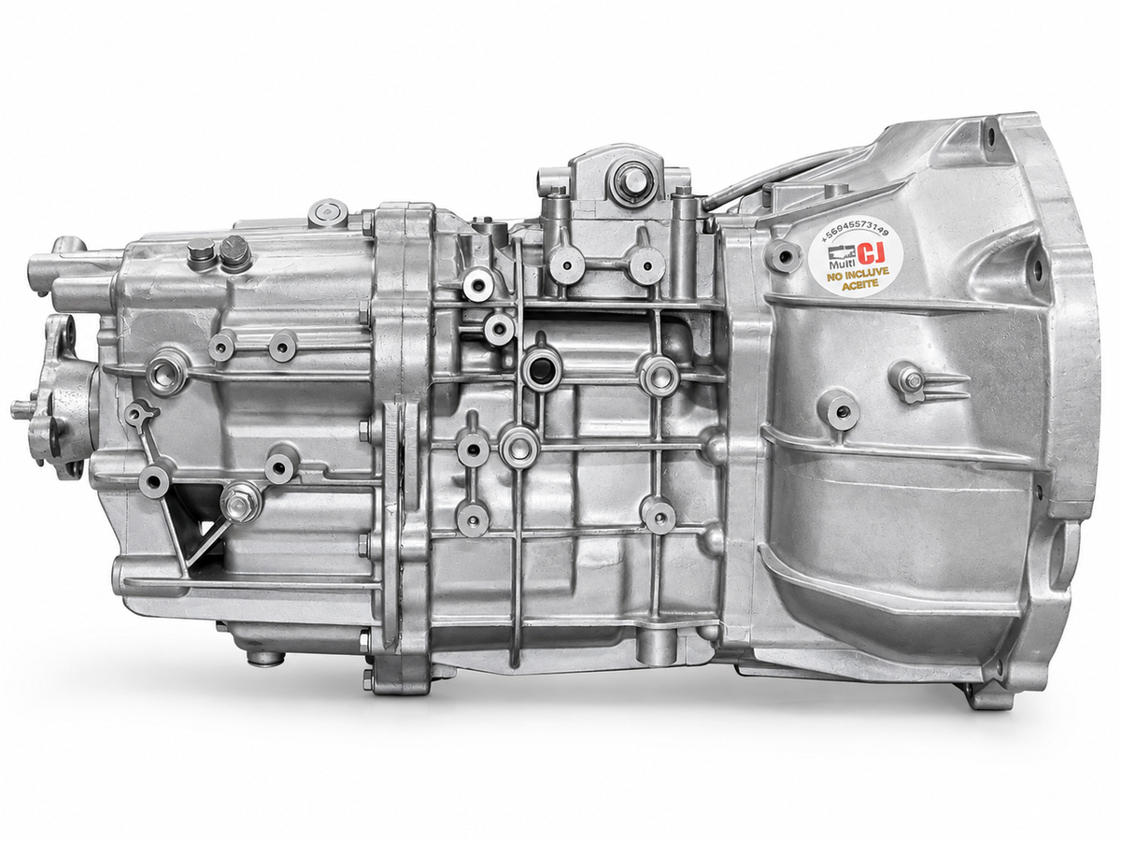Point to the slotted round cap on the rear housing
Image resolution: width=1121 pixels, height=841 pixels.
[x=233, y=251]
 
